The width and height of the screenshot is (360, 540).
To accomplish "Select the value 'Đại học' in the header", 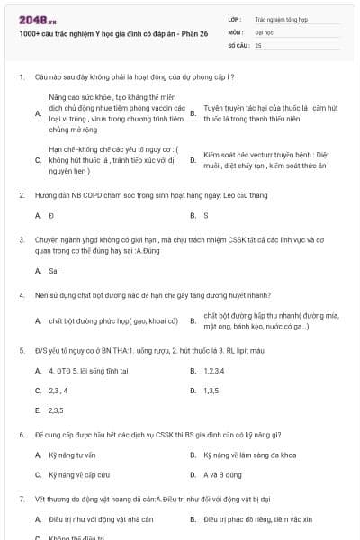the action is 265,31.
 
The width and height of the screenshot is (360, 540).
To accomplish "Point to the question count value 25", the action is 258,44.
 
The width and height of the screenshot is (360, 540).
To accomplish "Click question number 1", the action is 21,77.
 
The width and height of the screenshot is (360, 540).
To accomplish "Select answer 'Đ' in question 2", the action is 51,216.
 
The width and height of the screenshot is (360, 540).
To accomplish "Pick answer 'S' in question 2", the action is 206,216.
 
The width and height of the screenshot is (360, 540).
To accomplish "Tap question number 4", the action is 21,295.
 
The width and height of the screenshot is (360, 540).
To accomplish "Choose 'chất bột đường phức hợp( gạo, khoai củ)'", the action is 113,321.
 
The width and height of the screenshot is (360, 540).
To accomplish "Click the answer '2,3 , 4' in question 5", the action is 58,391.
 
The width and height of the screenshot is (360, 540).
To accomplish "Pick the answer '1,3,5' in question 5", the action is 211,391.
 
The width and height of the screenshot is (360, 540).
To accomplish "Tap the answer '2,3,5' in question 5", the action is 57,410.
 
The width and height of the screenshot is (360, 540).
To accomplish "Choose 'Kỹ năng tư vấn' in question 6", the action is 72,454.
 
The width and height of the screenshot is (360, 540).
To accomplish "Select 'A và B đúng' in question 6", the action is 222,474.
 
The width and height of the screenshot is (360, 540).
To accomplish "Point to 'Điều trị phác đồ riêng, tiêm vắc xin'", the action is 257,519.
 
